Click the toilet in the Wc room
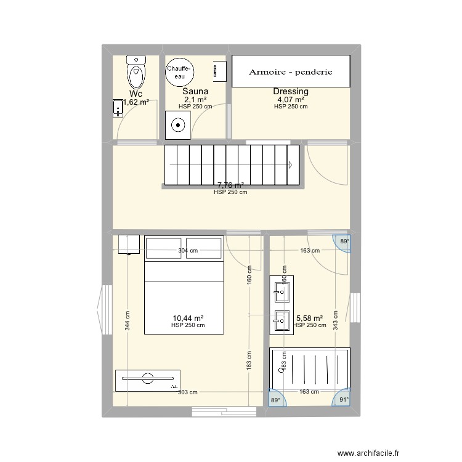[136, 73]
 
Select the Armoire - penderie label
[291, 71]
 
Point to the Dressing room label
[291, 92]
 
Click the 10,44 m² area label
[188, 318]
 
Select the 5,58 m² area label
[310, 318]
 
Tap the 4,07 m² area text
[291, 99]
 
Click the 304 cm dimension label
[188, 251]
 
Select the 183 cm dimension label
[248, 365]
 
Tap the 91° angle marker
[344, 400]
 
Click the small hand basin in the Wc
[118, 108]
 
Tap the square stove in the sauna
[178, 126]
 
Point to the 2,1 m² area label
[195, 99]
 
